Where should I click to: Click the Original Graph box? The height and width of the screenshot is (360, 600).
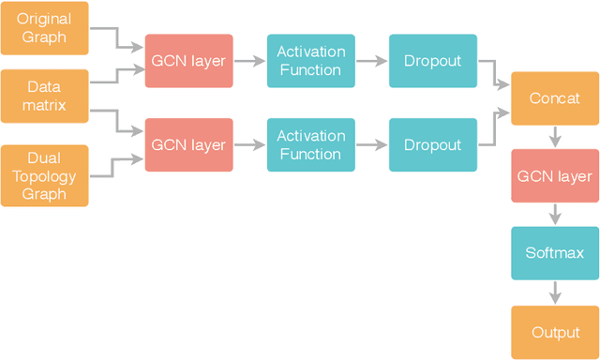(x=44, y=28)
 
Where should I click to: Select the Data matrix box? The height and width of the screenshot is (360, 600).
(x=44, y=97)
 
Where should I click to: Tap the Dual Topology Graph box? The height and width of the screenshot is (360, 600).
(x=44, y=174)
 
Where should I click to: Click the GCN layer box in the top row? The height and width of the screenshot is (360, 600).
(x=188, y=61)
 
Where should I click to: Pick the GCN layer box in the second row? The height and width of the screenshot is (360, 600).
(x=188, y=145)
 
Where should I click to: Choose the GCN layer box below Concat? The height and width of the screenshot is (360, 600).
(x=555, y=176)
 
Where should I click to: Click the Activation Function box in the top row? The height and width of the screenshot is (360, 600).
(x=310, y=61)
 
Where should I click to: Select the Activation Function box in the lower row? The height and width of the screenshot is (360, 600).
(x=310, y=145)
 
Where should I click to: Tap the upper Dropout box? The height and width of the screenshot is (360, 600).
(x=432, y=61)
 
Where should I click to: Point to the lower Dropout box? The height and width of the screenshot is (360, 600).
(x=432, y=145)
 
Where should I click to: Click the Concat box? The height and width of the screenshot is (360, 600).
(x=555, y=98)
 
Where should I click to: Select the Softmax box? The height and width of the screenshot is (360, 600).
(x=555, y=253)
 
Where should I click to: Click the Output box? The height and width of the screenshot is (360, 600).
(x=555, y=332)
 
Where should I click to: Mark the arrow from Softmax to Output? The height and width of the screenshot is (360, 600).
(x=555, y=292)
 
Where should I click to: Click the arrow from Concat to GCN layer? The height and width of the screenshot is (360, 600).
(x=555, y=137)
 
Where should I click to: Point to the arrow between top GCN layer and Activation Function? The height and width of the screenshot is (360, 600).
(x=249, y=61)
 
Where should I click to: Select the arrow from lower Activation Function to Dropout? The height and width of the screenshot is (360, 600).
(x=371, y=145)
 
